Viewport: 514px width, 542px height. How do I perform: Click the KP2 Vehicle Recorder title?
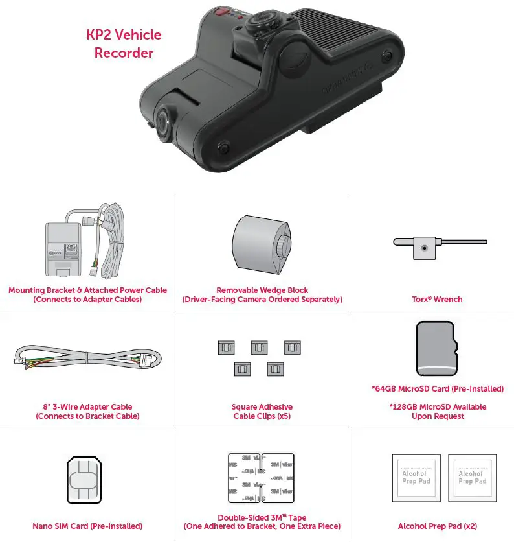click(124, 43)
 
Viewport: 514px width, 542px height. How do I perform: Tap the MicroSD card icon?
click(437, 348)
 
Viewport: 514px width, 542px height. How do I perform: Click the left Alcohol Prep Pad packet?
click(416, 478)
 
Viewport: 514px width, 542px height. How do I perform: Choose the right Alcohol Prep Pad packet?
click(472, 478)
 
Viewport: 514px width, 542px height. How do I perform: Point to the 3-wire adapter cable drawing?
click(87, 360)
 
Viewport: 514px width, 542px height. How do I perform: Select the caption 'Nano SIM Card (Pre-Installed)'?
click(87, 526)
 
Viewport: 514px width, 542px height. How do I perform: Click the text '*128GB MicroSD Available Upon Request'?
click(438, 412)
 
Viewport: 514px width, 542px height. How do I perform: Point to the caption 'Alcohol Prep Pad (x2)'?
click(438, 526)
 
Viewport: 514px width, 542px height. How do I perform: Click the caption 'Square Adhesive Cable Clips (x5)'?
click(262, 412)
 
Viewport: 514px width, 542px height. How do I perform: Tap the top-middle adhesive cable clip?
click(260, 348)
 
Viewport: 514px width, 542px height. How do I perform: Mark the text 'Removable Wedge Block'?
click(262, 290)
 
